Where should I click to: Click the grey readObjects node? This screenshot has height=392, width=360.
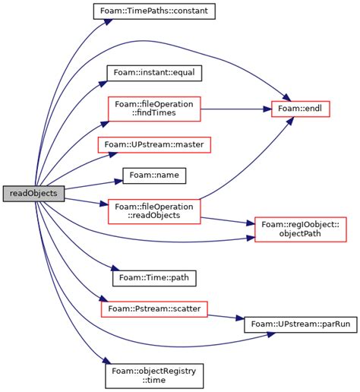tap(34, 194)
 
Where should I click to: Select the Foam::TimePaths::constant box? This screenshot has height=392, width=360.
tap(154, 11)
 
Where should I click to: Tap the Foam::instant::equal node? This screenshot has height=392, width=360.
tap(154, 74)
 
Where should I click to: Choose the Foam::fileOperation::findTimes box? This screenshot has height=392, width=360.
tap(154, 109)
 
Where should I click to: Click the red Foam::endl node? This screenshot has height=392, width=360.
tap(301, 109)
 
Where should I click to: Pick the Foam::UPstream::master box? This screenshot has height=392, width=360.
tap(154, 144)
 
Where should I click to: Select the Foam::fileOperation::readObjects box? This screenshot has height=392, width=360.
tap(154, 211)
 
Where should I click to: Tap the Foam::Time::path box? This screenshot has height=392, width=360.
tap(154, 277)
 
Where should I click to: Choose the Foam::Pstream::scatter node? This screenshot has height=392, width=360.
tap(154, 309)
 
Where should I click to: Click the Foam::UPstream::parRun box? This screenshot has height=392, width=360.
tap(300, 325)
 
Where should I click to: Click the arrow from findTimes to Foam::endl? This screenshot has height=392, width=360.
tap(235, 109)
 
